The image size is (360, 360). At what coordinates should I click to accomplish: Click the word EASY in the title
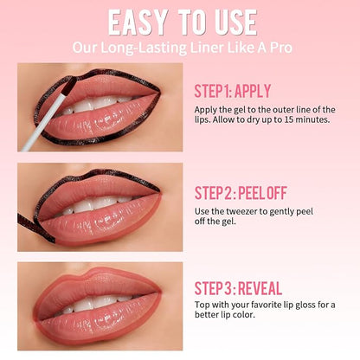click(138, 22)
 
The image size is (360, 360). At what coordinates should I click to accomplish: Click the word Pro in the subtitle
click(280, 48)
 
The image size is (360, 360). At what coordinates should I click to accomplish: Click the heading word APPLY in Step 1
click(253, 91)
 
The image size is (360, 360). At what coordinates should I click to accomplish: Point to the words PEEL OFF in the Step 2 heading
click(263, 193)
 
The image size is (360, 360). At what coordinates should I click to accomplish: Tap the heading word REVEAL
click(260, 288)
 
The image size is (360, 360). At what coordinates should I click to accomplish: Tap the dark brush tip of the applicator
click(69, 86)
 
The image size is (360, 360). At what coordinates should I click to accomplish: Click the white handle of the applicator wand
click(43, 122)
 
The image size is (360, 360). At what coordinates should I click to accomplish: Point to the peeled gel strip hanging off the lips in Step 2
click(35, 227)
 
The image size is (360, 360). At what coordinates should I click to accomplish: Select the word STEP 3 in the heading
click(214, 288)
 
